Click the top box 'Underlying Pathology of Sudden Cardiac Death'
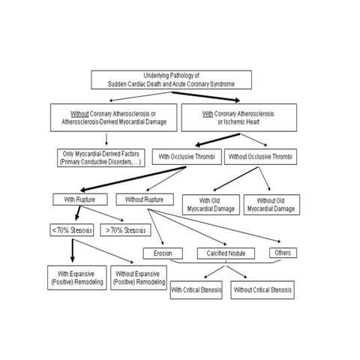click(171, 80)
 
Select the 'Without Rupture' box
click(145, 199)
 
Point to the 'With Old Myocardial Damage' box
click(210, 204)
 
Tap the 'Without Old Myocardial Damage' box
click(271, 204)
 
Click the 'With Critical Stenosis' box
click(196, 289)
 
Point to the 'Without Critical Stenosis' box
click(262, 289)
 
